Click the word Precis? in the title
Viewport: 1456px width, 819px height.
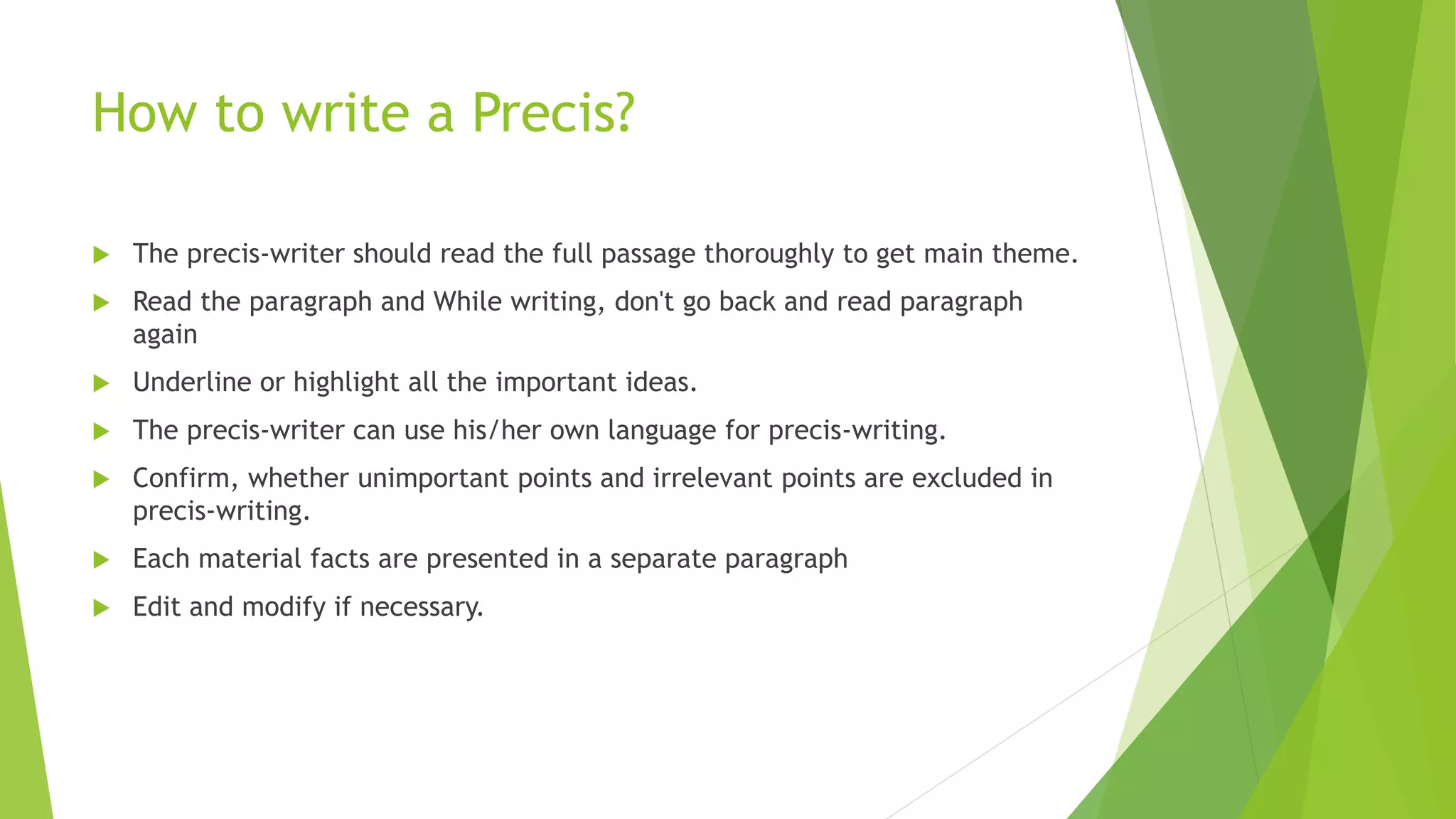coord(552,113)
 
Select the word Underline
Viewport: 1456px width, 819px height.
coord(191,382)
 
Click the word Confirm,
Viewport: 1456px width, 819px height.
coord(186,478)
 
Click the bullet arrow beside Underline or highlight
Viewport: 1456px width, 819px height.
coord(102,384)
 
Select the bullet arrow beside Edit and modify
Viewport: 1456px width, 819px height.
coord(102,608)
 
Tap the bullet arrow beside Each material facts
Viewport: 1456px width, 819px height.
coord(102,560)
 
